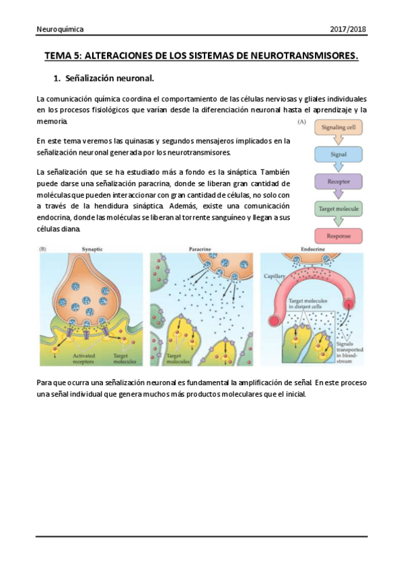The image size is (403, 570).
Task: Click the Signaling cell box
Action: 338,128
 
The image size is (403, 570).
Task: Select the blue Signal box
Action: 338,155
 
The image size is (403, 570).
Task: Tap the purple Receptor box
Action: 338,181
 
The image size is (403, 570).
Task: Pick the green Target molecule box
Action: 338,209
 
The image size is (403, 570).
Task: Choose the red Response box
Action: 338,236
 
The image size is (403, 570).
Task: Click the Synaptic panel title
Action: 92,249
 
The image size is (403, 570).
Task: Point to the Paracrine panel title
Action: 200,249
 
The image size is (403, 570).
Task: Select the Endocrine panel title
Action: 310,249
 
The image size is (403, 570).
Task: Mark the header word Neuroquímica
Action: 60,30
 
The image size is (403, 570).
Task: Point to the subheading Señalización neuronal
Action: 110,78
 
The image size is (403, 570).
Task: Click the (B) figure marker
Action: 42,249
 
